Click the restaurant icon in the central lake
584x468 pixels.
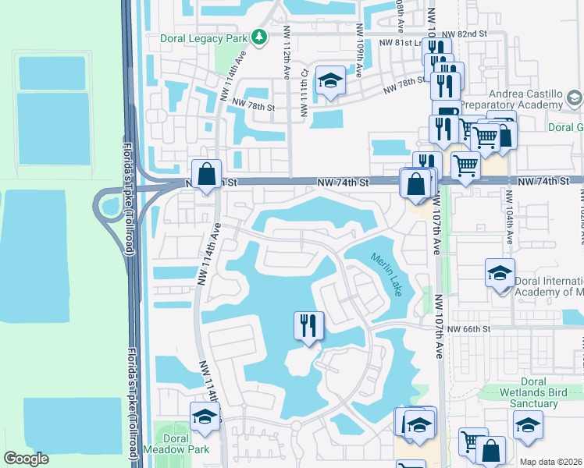coord(308,324)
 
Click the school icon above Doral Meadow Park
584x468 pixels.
coord(205,417)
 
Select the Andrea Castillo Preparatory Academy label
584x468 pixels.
coord(511,98)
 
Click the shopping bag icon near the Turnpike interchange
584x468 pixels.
coord(207,174)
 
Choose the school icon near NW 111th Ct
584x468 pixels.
coord(331,81)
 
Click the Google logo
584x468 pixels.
coord(27,459)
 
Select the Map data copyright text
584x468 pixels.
coord(549,461)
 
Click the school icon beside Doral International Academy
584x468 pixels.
coord(500,273)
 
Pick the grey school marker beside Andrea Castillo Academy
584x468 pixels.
coord(575,98)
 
